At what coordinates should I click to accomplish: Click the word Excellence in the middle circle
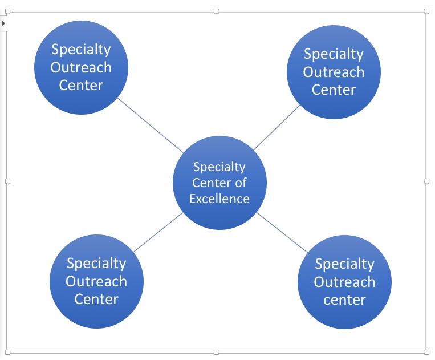(x=219, y=199)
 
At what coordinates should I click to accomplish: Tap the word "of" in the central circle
(x=241, y=183)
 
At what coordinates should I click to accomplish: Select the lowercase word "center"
(x=344, y=300)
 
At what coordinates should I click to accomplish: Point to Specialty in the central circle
(x=219, y=167)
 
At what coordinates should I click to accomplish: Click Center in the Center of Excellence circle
(x=211, y=183)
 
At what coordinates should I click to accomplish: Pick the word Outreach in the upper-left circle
(x=81, y=67)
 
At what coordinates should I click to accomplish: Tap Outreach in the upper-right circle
(x=334, y=72)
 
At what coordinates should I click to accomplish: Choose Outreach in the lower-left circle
(x=96, y=281)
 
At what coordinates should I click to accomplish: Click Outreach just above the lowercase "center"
(x=344, y=282)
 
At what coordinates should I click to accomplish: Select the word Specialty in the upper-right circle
(x=334, y=54)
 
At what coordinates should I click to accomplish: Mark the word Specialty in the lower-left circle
(x=96, y=264)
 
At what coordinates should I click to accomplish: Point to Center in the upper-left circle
(x=81, y=86)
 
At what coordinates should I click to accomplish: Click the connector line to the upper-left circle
(x=151, y=126)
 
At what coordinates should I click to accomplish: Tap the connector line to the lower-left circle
(x=158, y=232)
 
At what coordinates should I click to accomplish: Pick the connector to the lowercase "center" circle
(x=282, y=232)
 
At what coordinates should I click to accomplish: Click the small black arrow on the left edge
(x=3, y=23)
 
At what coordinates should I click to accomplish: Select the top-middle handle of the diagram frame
(x=216, y=11)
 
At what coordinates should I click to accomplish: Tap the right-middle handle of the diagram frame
(x=427, y=181)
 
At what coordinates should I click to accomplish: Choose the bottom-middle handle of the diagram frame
(x=216, y=352)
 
